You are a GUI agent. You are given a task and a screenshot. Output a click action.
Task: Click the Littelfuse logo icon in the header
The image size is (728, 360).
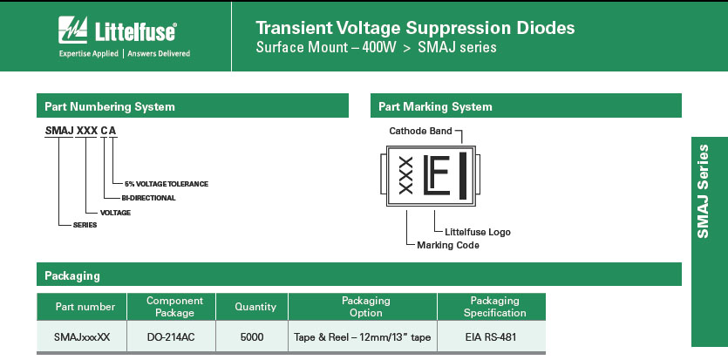point(72,30)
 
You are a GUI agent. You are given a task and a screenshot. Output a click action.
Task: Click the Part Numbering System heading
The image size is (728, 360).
point(110,106)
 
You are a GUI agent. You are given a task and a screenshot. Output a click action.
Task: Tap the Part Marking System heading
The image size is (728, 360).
point(435,106)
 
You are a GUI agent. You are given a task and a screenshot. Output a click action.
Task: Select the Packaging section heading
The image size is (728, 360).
point(72,276)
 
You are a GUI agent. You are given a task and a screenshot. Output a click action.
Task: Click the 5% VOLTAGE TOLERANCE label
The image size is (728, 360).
point(167,184)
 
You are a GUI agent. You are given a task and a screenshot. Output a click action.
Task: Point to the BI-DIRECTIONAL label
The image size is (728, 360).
point(148,198)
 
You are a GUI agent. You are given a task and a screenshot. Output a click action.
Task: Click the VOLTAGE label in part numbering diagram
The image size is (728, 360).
point(115,213)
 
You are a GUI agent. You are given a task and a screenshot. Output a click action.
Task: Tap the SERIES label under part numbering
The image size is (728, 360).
point(85,225)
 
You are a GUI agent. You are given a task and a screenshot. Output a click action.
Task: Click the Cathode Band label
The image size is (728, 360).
point(420,131)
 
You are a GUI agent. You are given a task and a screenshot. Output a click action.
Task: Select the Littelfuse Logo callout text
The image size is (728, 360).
point(477,232)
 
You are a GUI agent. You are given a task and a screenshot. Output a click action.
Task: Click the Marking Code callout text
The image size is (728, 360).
point(447,245)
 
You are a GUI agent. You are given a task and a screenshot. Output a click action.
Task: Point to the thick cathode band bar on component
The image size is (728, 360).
point(463,176)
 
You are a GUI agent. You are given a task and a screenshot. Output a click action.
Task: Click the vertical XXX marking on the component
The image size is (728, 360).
point(405,175)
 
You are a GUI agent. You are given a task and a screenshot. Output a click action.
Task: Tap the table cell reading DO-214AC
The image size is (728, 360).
point(171,336)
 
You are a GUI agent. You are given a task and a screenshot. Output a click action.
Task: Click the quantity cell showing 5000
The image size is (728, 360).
point(252,336)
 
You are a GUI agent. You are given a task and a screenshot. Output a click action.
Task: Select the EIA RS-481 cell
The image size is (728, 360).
point(491,336)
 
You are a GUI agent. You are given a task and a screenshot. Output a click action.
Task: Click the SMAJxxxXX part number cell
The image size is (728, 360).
point(82,336)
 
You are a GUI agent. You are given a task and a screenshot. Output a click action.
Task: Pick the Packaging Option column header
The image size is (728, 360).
point(366,307)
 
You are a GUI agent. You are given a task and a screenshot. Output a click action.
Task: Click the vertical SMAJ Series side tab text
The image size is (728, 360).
point(703,191)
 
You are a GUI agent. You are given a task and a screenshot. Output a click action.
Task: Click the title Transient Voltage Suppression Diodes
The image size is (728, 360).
point(415,28)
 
